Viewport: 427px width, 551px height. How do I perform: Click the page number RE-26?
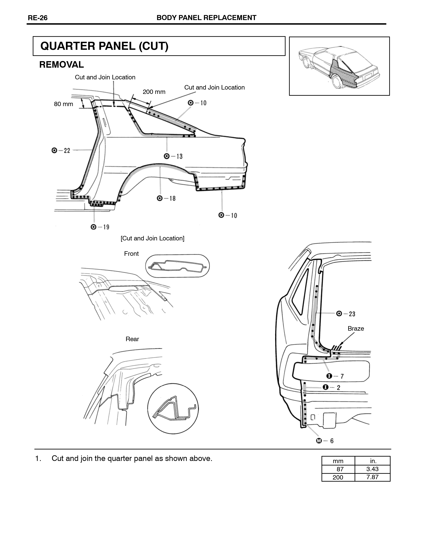pyautogui.click(x=38, y=18)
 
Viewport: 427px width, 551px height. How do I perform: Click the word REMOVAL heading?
pyautogui.click(x=61, y=65)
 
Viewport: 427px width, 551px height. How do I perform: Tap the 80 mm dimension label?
pyautogui.click(x=63, y=104)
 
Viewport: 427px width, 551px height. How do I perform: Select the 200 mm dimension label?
pyautogui.click(x=154, y=92)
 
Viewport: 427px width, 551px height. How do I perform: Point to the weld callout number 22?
pyautogui.click(x=67, y=151)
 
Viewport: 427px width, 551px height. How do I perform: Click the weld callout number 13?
pyautogui.click(x=179, y=156)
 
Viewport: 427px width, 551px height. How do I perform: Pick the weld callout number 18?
pyautogui.click(x=172, y=198)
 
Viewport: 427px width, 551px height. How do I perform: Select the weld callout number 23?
pyautogui.click(x=352, y=314)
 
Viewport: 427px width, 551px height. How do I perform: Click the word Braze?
pyautogui.click(x=356, y=328)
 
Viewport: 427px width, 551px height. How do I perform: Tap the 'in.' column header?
pyautogui.click(x=373, y=461)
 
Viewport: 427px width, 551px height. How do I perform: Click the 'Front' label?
pyautogui.click(x=131, y=254)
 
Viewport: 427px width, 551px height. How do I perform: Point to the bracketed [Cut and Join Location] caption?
pyautogui.click(x=153, y=238)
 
